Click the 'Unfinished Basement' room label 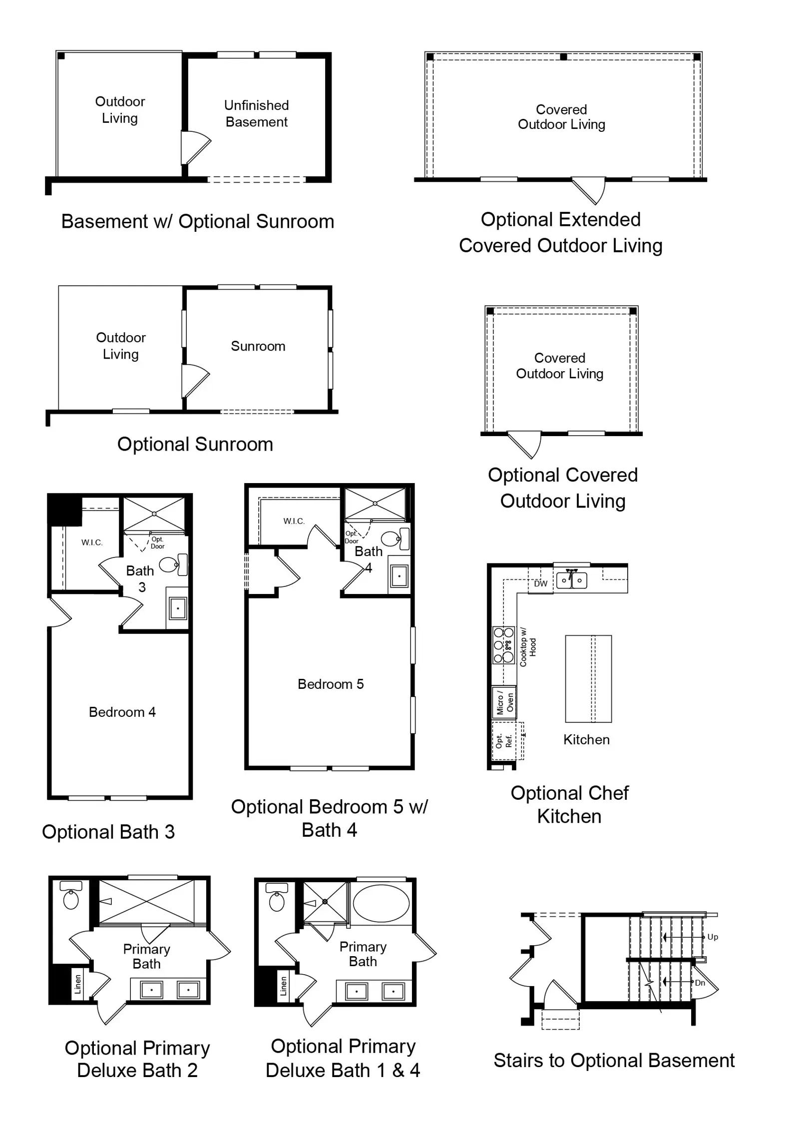coord(257,113)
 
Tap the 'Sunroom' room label coord(258,346)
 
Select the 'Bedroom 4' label coord(122,712)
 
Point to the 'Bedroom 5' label coord(331,684)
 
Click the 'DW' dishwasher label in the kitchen coord(541,583)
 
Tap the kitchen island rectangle coord(588,679)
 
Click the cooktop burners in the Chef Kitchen coord(503,645)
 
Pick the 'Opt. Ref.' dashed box coord(507,741)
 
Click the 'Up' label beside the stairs coord(713,937)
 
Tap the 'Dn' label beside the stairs coord(700,983)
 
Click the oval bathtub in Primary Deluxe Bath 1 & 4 coord(381,903)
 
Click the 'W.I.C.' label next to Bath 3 coord(92,543)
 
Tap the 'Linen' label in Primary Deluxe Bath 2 coord(77,984)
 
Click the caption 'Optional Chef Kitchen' coord(569,804)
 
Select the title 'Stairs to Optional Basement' coord(614,1060)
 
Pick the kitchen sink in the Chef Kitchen coord(572,580)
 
